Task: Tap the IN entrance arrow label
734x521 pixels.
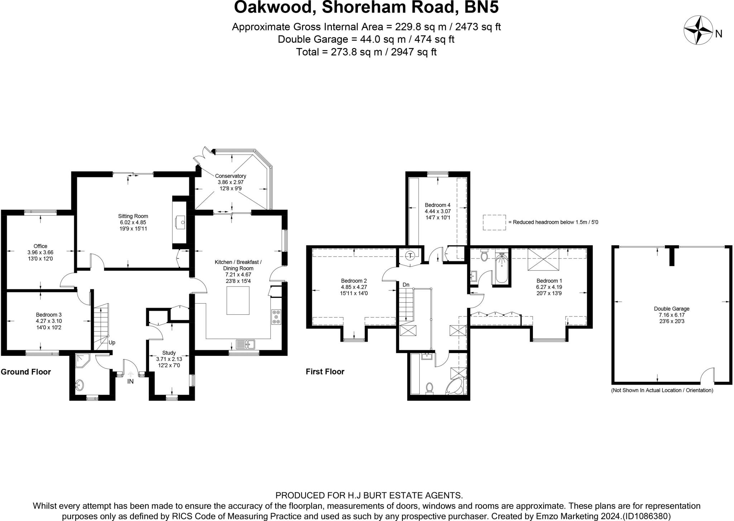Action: (130, 381)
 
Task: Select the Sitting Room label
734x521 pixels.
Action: (133, 216)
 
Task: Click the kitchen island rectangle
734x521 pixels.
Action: (238, 300)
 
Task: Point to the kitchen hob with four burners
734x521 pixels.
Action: (276, 317)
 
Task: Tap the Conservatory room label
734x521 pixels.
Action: (230, 176)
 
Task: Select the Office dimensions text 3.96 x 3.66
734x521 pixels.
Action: (40, 252)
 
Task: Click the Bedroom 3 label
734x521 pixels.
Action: (48, 315)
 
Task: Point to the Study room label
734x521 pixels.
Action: (169, 353)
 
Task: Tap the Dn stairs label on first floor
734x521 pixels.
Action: (406, 285)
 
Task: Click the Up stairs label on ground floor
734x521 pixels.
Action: (112, 342)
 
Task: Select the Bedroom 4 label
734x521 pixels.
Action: (437, 205)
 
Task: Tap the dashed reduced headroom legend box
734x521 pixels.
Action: (494, 222)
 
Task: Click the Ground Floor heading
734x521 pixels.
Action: (26, 372)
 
